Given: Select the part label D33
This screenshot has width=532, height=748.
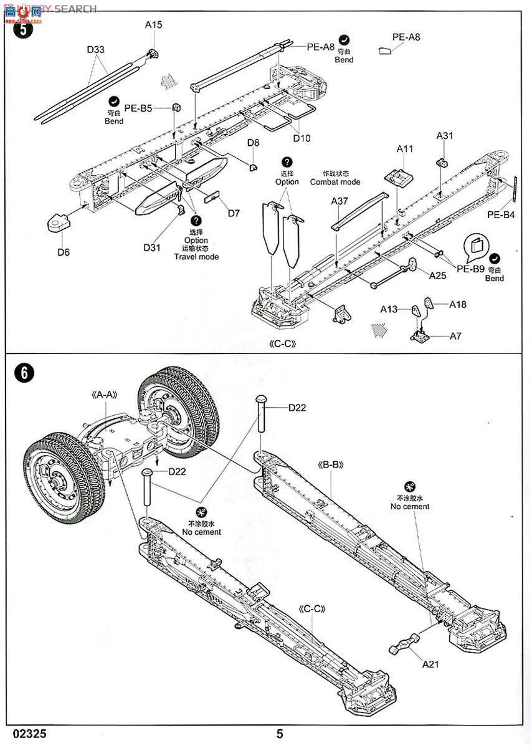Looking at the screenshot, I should tap(96, 49).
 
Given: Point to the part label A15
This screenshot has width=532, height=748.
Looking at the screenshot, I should tap(153, 25).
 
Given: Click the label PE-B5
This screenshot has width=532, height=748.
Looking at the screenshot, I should tap(138, 108).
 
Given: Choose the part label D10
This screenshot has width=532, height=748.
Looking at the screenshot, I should tap(302, 138).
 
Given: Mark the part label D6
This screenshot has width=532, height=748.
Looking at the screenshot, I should tap(63, 252).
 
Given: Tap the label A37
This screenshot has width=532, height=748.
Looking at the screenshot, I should tap(340, 201).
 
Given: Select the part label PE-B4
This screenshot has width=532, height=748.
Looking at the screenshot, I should tap(501, 215).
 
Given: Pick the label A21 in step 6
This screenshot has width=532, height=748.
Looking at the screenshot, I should tap(430, 664).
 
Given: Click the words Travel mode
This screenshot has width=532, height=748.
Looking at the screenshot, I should tap(196, 256).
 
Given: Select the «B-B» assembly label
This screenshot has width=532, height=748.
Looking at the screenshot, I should tap(331, 465).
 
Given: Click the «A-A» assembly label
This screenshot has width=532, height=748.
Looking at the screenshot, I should tap(105, 395).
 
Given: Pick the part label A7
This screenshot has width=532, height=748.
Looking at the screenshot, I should tap(455, 336).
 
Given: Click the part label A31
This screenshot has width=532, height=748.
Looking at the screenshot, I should tap(445, 135).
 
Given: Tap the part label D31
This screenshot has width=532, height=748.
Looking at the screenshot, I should tap(152, 248).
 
